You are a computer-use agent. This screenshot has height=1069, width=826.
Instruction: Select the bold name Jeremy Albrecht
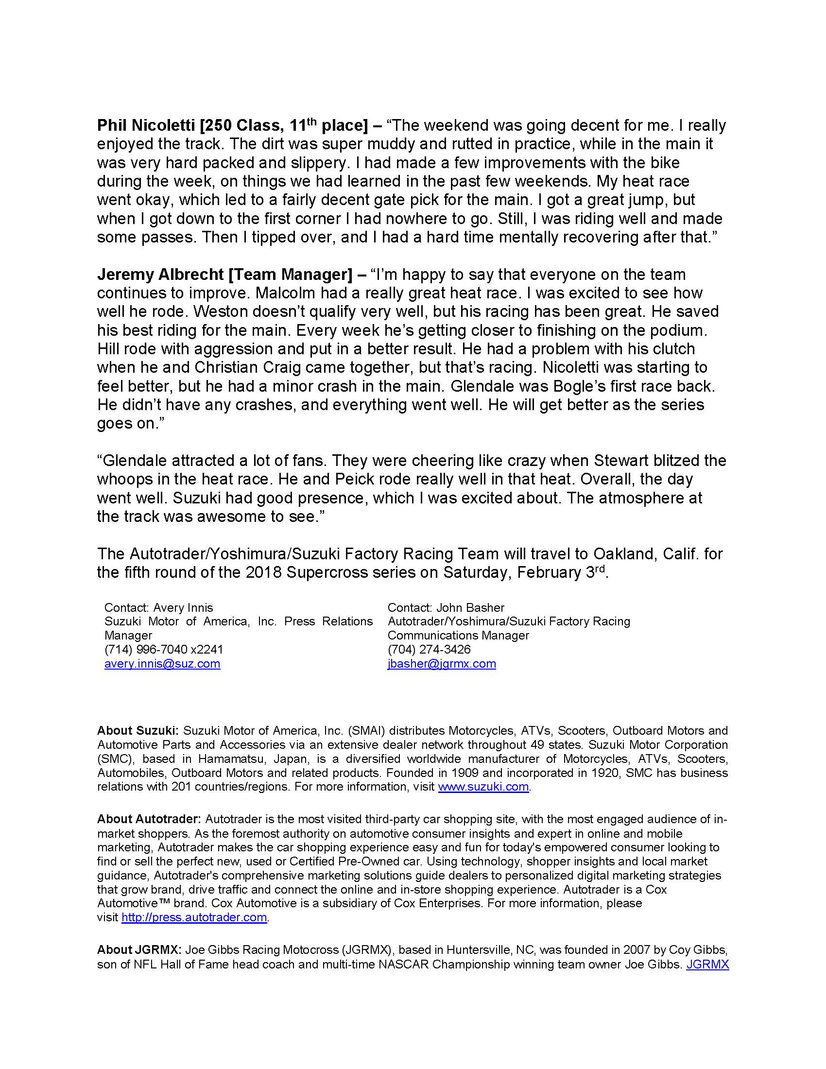pyautogui.click(x=160, y=275)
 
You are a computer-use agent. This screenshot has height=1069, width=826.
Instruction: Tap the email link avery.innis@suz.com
pyautogui.click(x=162, y=664)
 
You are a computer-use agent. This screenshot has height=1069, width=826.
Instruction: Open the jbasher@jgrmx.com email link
pyautogui.click(x=441, y=664)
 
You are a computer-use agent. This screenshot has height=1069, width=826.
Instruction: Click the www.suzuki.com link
pyautogui.click(x=483, y=787)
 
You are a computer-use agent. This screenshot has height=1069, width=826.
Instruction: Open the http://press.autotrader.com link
pyautogui.click(x=194, y=917)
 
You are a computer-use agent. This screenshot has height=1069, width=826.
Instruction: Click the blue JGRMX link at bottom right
pyautogui.click(x=707, y=964)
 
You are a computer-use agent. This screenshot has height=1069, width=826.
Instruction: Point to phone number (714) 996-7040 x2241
pyautogui.click(x=163, y=650)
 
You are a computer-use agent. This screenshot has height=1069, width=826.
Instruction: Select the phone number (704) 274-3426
pyautogui.click(x=429, y=650)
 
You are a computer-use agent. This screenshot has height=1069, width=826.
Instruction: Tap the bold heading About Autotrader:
pyautogui.click(x=149, y=819)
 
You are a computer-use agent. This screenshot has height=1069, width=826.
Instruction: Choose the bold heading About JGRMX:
pyautogui.click(x=139, y=950)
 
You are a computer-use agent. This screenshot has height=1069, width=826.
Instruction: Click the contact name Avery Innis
pyautogui.click(x=183, y=608)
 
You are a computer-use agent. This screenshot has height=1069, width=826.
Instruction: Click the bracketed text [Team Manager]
pyautogui.click(x=290, y=275)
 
